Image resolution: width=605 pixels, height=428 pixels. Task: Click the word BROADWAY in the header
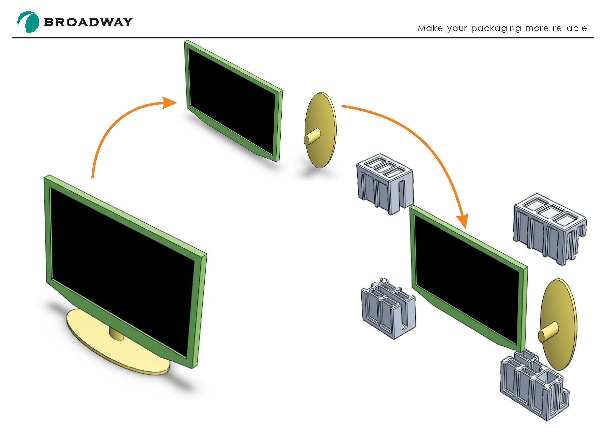(88, 22)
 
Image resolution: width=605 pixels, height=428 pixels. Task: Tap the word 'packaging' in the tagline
(496, 28)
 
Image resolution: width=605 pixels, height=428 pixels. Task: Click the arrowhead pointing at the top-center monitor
(170, 102)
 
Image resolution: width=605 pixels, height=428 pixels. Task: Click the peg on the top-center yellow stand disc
(312, 137)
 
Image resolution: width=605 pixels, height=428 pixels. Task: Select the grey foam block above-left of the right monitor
(385, 182)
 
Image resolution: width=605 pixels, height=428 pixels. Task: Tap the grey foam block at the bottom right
(533, 387)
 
